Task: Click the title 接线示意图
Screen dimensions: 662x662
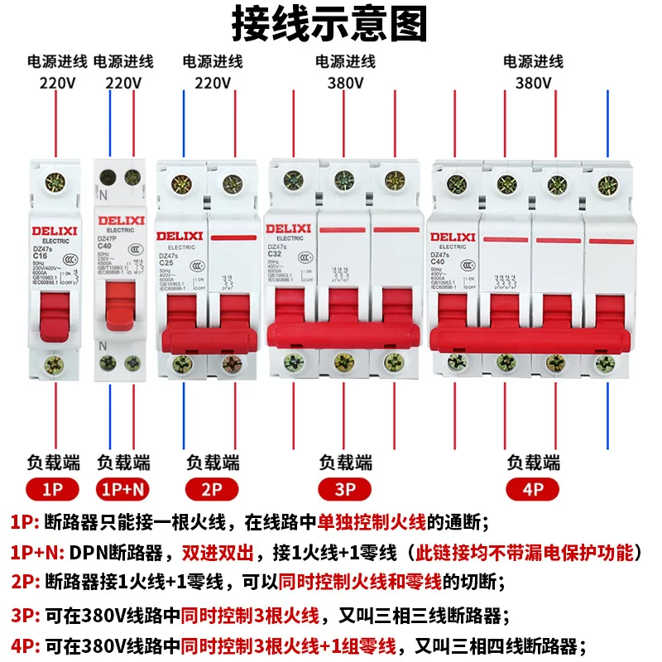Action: (330, 25)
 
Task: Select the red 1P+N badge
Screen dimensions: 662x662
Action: (124, 489)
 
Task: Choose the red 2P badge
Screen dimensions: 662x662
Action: (213, 489)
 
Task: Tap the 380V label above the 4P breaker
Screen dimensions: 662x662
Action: (533, 83)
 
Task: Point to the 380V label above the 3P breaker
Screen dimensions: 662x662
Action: (345, 83)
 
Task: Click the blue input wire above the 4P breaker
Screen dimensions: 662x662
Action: (609, 124)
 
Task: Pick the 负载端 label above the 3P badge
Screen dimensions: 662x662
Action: (345, 462)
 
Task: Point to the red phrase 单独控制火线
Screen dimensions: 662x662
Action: (372, 522)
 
